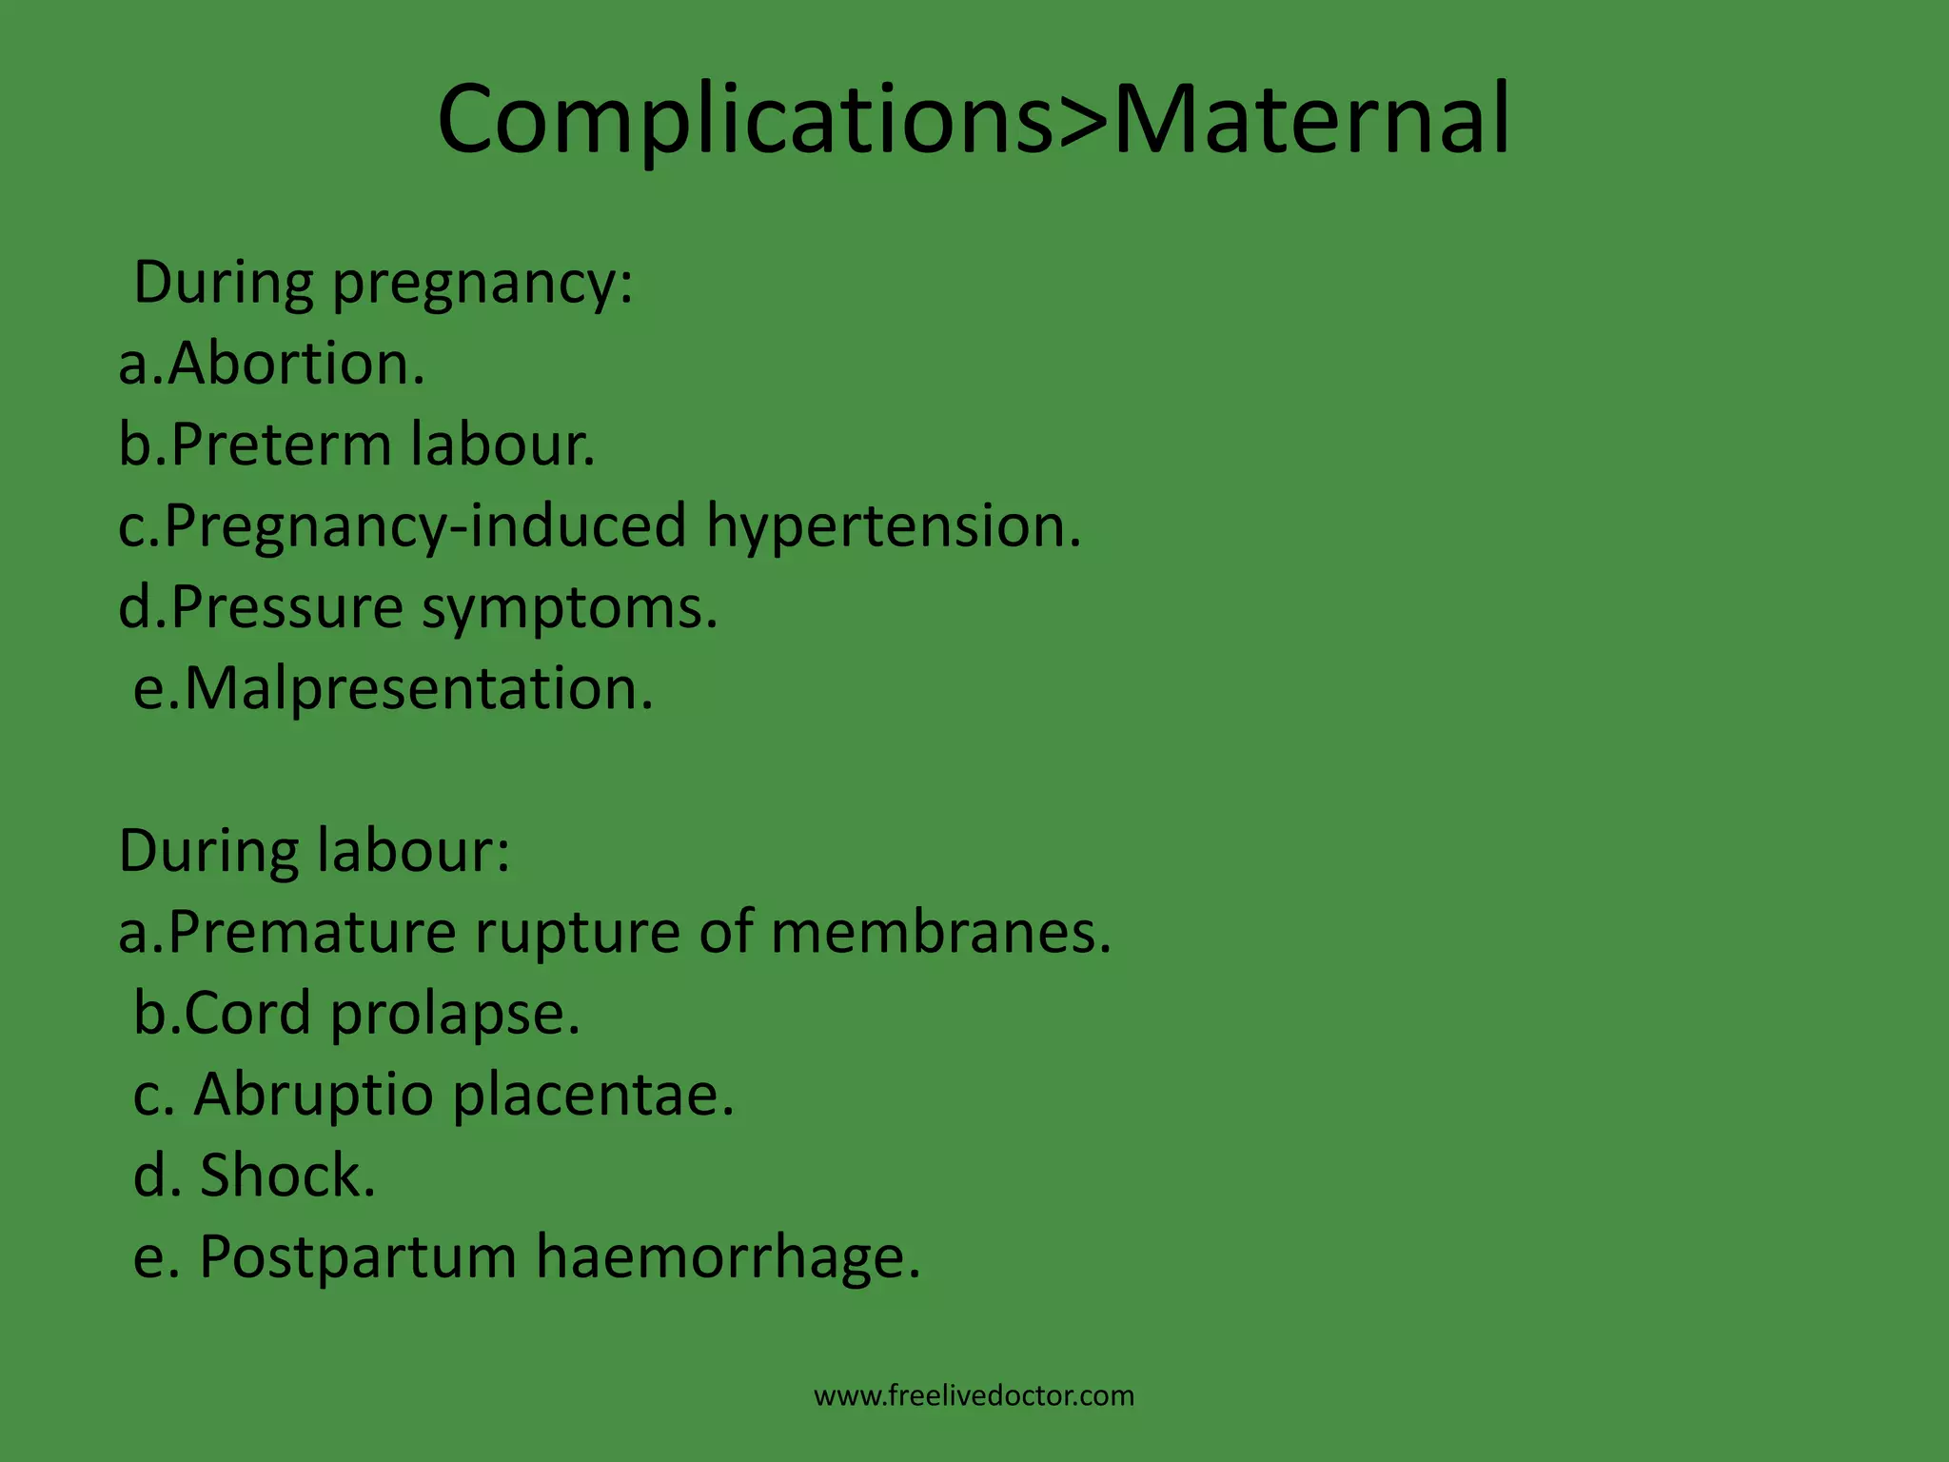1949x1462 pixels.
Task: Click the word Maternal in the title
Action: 1310,120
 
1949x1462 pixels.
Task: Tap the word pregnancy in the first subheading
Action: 482,286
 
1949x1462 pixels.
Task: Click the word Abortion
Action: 296,365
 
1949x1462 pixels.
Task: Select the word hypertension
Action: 894,526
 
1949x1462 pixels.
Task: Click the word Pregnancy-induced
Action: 425,526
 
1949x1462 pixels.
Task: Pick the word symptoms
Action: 569,607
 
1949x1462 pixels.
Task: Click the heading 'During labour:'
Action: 314,850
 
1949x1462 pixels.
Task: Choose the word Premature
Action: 312,932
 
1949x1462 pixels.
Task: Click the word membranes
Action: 940,932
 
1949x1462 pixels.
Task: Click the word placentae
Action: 593,1095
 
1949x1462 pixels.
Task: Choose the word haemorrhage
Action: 728,1257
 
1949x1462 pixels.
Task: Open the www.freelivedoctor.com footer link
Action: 974,1396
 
